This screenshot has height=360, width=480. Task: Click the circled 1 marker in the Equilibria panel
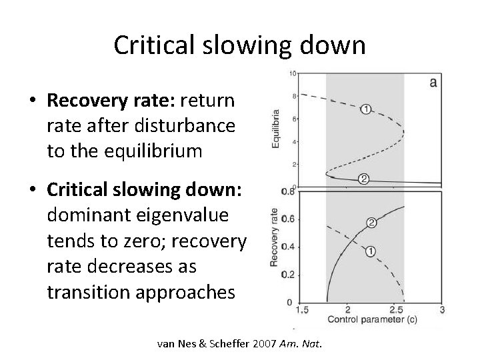[365, 109]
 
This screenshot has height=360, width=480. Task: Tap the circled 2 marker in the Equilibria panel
[364, 178]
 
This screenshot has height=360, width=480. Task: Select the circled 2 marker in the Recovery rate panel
[372, 223]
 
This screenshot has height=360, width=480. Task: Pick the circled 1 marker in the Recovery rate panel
[371, 251]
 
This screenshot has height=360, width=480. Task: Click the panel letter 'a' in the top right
[433, 82]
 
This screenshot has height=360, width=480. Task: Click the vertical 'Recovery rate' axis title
[273, 239]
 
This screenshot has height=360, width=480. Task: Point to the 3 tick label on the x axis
[442, 310]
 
